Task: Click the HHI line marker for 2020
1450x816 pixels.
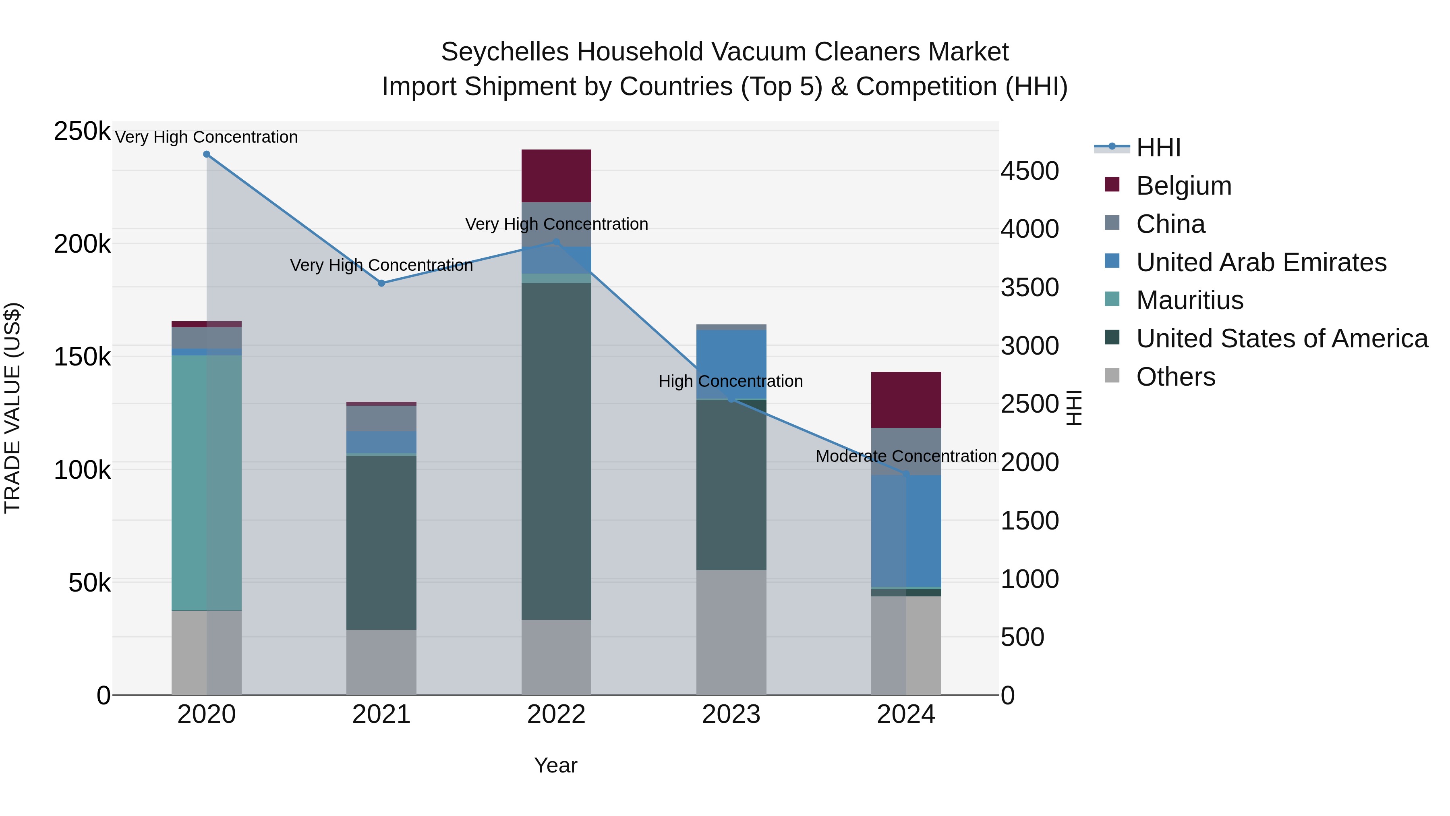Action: [x=207, y=154]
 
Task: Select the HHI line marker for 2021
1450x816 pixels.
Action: [x=382, y=283]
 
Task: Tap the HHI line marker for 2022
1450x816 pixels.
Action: [x=556, y=242]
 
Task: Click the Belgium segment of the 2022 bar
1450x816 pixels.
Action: [x=556, y=176]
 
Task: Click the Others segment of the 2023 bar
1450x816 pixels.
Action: [x=731, y=632]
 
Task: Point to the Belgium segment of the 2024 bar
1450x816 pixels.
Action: [x=906, y=400]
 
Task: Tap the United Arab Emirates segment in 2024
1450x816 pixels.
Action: [x=906, y=531]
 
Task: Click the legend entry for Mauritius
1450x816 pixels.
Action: [x=1189, y=300]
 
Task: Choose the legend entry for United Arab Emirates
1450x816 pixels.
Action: [x=1261, y=262]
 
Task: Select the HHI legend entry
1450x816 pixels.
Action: [x=1158, y=147]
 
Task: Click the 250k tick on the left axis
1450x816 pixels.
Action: [x=82, y=131]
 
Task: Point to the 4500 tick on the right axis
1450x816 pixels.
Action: [x=1029, y=171]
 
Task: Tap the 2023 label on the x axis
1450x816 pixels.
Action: [x=731, y=714]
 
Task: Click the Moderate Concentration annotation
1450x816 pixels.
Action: [x=906, y=456]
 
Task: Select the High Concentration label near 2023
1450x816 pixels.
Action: [x=731, y=381]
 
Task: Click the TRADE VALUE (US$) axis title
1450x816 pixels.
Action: [x=12, y=408]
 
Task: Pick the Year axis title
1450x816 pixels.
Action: [x=555, y=765]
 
